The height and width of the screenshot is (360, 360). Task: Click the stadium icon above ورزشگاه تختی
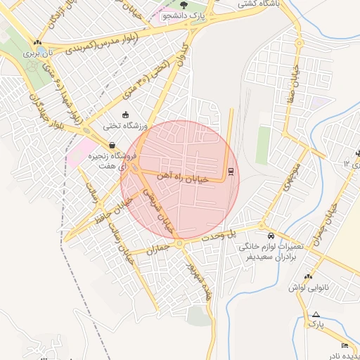click(x=125, y=115)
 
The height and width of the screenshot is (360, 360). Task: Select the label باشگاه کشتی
click(x=258, y=4)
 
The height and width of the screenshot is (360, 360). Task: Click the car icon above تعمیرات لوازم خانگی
click(x=271, y=235)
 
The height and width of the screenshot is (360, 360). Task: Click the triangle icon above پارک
click(x=316, y=314)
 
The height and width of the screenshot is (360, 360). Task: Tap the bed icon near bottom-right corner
click(x=344, y=345)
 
